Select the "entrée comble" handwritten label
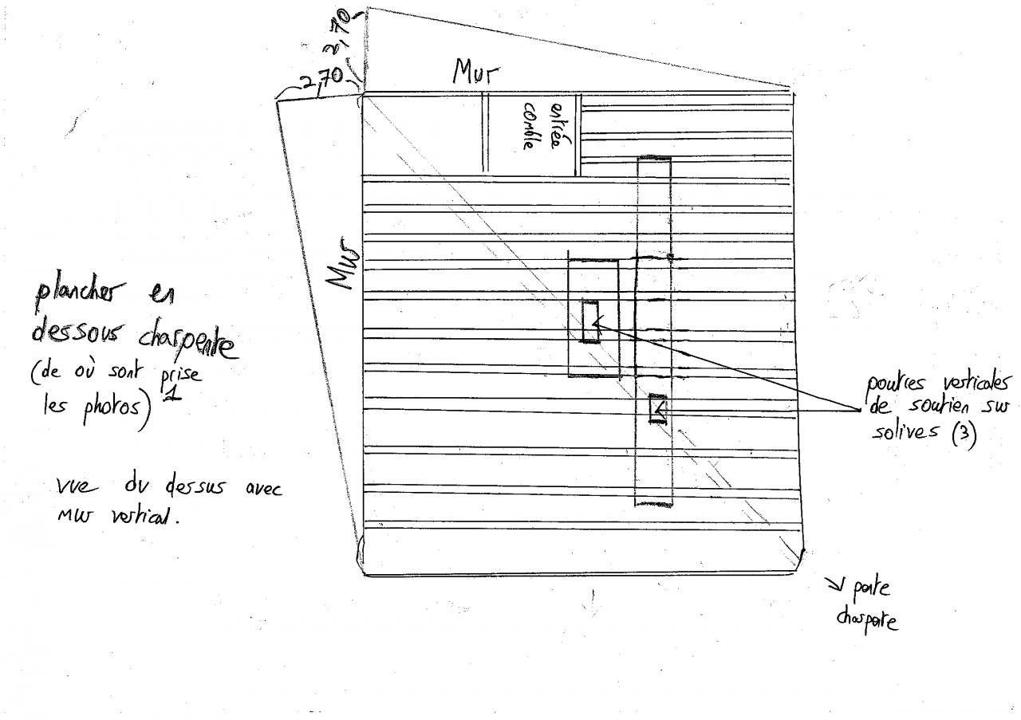(542, 126)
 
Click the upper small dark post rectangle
(590, 322)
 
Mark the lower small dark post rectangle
(657, 409)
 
